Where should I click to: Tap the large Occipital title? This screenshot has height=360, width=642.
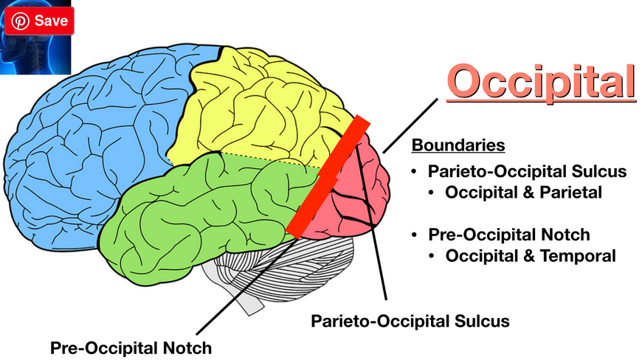pos(541,81)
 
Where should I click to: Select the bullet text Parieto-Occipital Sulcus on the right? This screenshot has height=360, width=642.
pos(527,171)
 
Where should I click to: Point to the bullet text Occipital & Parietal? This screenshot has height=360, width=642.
pos(525,193)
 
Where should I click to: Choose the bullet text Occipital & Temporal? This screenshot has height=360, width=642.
pos(531,256)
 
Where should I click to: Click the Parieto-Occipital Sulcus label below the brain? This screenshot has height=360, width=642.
pos(410,322)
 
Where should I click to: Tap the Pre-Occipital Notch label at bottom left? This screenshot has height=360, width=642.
pos(131,347)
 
